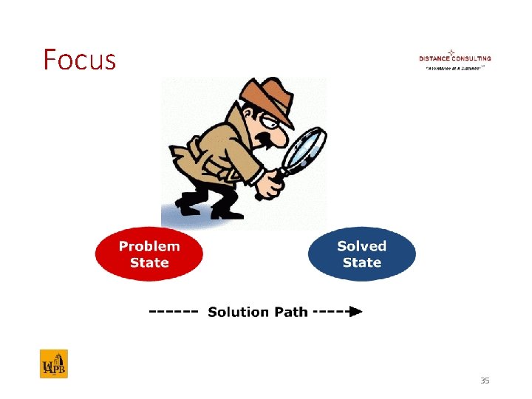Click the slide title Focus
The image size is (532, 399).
79,59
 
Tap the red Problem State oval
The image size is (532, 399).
149,254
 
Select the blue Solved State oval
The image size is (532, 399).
361,254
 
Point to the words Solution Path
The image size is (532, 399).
257,312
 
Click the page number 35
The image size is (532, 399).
485,381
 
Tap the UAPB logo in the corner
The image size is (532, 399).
53,364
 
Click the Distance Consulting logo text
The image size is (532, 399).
454,58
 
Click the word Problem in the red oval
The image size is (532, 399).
149,247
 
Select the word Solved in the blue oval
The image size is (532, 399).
361,247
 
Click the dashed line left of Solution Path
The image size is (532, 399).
174,312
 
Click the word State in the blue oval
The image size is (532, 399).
361,262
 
